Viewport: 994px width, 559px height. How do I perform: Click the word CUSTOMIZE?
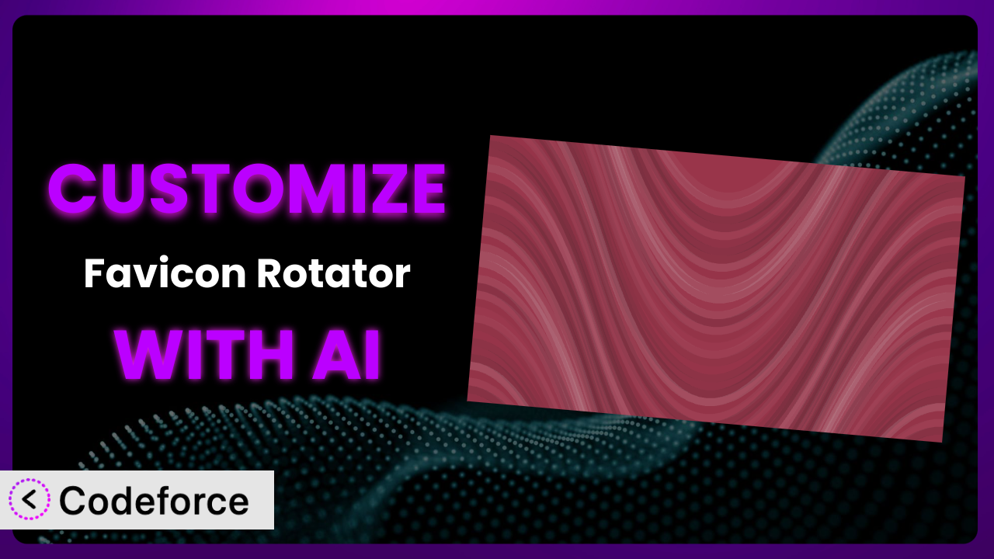click(247, 189)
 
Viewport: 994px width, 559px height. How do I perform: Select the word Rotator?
click(334, 273)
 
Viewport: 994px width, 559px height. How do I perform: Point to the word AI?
click(346, 355)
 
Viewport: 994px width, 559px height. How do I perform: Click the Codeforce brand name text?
click(154, 501)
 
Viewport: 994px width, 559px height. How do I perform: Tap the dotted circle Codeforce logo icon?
click(30, 499)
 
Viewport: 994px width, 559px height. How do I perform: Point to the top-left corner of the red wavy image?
click(490, 136)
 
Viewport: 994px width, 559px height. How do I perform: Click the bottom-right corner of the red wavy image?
click(942, 442)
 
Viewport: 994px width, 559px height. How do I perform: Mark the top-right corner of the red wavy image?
click(965, 176)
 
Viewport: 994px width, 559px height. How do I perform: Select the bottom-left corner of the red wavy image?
click(467, 401)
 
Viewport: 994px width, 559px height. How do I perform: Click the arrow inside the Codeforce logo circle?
click(30, 499)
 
